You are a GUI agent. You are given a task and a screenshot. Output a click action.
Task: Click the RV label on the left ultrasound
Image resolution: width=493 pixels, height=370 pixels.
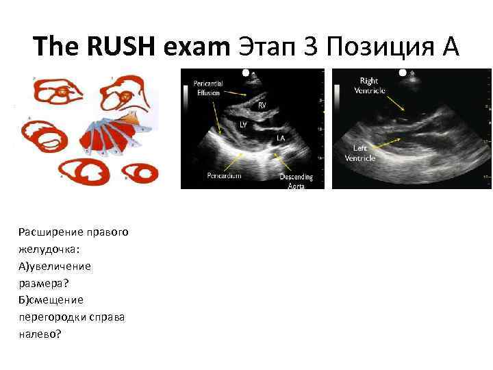click(x=262, y=106)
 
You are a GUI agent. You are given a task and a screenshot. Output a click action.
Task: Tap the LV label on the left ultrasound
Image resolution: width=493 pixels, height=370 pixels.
click(x=243, y=125)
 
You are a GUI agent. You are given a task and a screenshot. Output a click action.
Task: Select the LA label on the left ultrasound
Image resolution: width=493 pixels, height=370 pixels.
click(x=280, y=137)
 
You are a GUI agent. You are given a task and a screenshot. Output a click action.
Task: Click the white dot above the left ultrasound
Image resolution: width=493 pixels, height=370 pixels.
click(x=246, y=71)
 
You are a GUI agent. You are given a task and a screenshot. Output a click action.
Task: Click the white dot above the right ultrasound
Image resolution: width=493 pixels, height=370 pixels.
click(x=403, y=71)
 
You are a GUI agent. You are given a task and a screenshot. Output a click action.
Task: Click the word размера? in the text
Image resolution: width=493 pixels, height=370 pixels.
click(x=42, y=282)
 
